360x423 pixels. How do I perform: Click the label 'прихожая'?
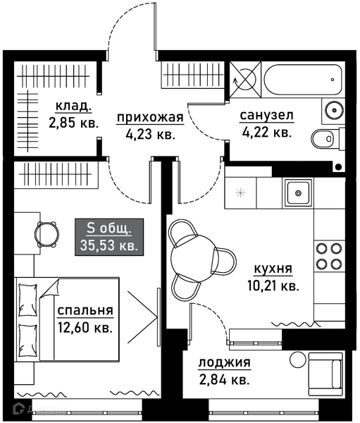click(x=150, y=118)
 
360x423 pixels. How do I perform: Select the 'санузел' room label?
click(x=266, y=115)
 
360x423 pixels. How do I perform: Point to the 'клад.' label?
click(x=74, y=106)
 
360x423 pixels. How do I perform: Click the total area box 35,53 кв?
click(x=109, y=236)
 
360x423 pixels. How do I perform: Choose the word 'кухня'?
click(x=273, y=269)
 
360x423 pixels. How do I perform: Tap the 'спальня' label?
click(x=85, y=311)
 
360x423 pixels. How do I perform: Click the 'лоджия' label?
click(x=224, y=364)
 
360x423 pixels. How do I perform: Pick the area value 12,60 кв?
click(x=85, y=327)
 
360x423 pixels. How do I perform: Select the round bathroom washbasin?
click(x=333, y=109)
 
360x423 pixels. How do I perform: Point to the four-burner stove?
click(x=327, y=255)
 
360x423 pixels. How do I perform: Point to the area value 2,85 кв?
click(x=74, y=122)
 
